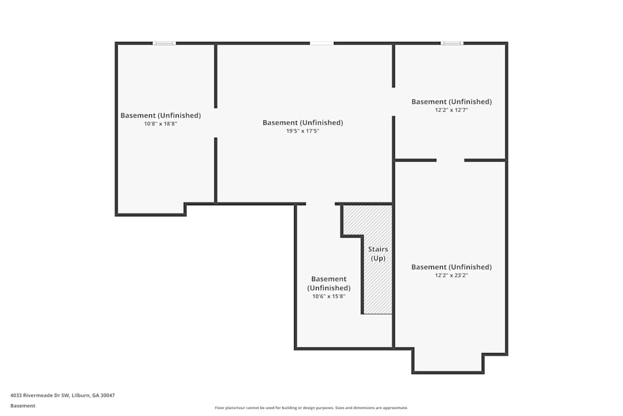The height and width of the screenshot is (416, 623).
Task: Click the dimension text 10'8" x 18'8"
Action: [161, 123]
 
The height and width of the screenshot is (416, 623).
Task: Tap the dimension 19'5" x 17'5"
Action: [303, 131]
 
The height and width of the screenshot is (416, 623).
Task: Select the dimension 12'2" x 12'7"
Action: [451, 110]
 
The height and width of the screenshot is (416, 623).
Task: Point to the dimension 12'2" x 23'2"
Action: [451, 275]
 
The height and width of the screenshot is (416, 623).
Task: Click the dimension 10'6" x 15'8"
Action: [328, 296]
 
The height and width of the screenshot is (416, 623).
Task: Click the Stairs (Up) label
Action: [378, 254]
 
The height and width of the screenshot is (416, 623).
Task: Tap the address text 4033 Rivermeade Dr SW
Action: [40, 395]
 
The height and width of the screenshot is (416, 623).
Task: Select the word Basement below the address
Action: [22, 405]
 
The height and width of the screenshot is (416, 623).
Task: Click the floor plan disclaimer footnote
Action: [311, 408]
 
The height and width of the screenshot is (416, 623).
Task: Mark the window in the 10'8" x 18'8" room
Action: [164, 43]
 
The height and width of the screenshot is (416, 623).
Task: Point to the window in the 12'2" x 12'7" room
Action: [452, 43]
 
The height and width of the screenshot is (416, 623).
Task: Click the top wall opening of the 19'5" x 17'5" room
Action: [322, 43]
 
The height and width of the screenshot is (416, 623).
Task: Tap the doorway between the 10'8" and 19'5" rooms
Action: [216, 123]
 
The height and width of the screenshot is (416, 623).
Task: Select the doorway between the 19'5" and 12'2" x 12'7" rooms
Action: [393, 102]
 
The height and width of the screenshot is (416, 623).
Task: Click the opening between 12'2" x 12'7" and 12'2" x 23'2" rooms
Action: [450, 160]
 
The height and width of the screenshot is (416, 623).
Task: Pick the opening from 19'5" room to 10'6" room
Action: [321, 204]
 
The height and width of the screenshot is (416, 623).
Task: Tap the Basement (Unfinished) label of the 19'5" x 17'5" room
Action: [303, 122]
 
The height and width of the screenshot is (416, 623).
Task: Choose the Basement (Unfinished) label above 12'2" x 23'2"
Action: [451, 267]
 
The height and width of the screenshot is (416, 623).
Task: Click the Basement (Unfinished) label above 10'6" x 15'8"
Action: [328, 284]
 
